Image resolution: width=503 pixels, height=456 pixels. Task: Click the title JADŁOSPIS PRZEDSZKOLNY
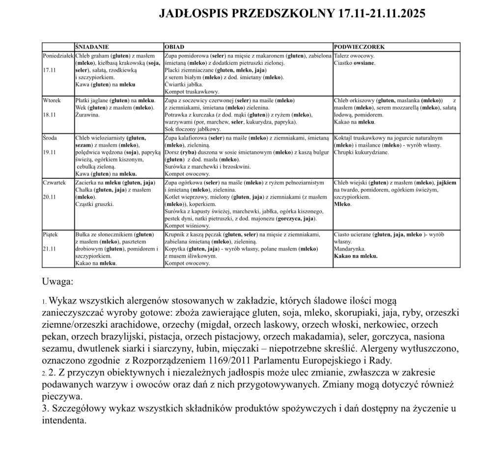tap(292, 13)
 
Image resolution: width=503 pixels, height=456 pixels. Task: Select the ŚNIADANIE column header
tap(92, 47)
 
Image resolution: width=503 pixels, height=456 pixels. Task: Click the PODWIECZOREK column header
tap(359, 47)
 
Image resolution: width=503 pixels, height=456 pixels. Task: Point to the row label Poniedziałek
tap(58, 56)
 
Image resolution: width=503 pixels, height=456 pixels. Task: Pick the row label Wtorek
tap(52, 100)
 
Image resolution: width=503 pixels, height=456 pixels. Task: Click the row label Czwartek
tap(54, 182)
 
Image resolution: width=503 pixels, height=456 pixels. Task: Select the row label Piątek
tap(51, 234)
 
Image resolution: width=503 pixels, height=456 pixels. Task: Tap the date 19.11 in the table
tap(50, 152)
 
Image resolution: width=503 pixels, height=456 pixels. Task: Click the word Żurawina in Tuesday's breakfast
tap(87, 115)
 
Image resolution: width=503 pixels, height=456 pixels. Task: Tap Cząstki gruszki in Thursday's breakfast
tap(94, 204)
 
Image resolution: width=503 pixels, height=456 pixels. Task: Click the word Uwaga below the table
tap(57, 282)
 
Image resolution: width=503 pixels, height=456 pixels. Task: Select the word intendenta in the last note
tap(64, 420)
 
